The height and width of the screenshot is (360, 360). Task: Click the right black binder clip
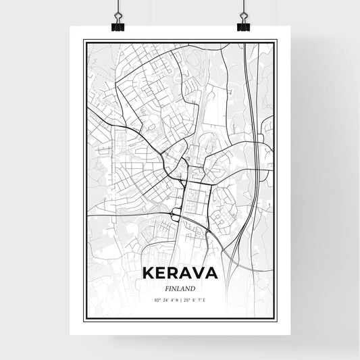243,26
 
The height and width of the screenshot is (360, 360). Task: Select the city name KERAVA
180,274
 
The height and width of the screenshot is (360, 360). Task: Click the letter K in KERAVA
149,274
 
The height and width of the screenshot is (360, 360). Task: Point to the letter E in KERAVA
161,274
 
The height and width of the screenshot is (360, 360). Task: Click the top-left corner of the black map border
83,41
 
